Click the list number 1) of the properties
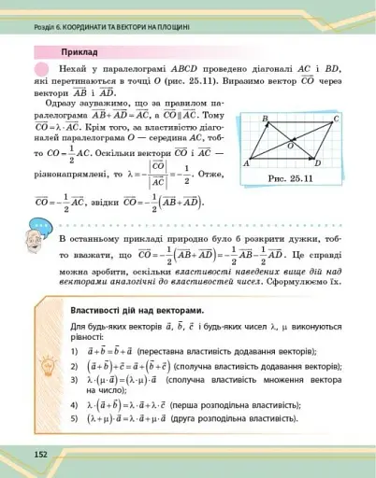(74, 349)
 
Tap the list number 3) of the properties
(74, 383)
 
